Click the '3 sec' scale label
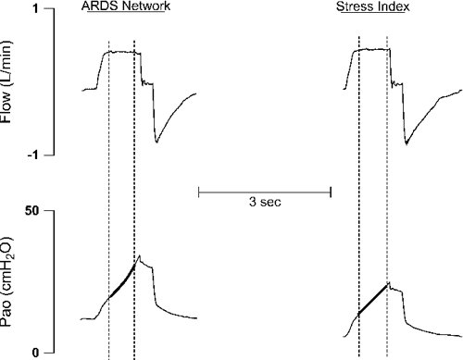(266, 202)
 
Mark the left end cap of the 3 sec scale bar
(200, 192)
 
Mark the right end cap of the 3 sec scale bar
(332, 192)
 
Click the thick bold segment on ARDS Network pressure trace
(121, 282)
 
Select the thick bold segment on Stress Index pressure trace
(373, 300)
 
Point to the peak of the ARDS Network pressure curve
(139, 255)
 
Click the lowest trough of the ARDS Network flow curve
(157, 142)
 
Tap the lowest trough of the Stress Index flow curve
(407, 143)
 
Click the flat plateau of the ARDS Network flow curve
(121, 53)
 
